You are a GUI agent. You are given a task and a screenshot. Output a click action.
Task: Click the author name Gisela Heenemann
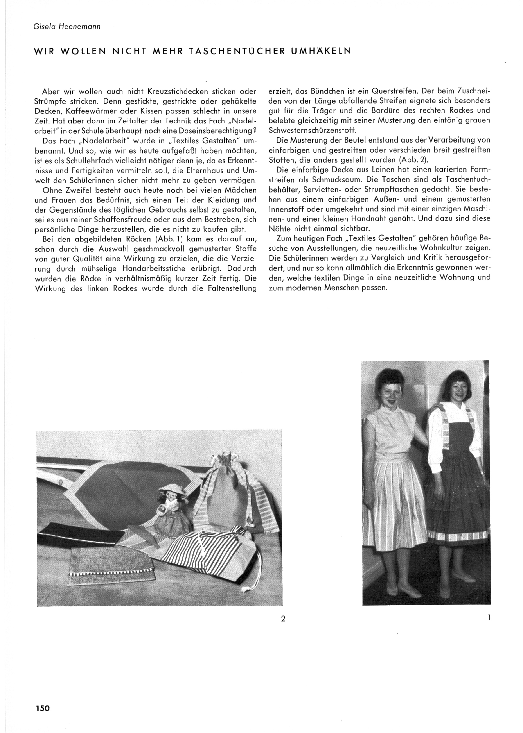[x=67, y=27]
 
